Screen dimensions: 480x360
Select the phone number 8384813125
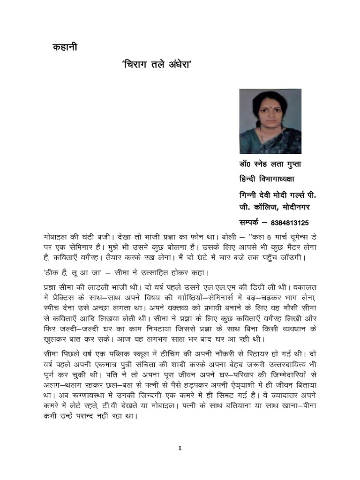pyautogui.click(x=286, y=222)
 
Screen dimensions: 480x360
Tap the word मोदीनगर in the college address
pyautogui.click(x=293, y=206)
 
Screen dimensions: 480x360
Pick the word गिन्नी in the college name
pyautogui.click(x=249, y=194)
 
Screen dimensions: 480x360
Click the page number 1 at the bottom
pyautogui.click(x=180, y=449)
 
